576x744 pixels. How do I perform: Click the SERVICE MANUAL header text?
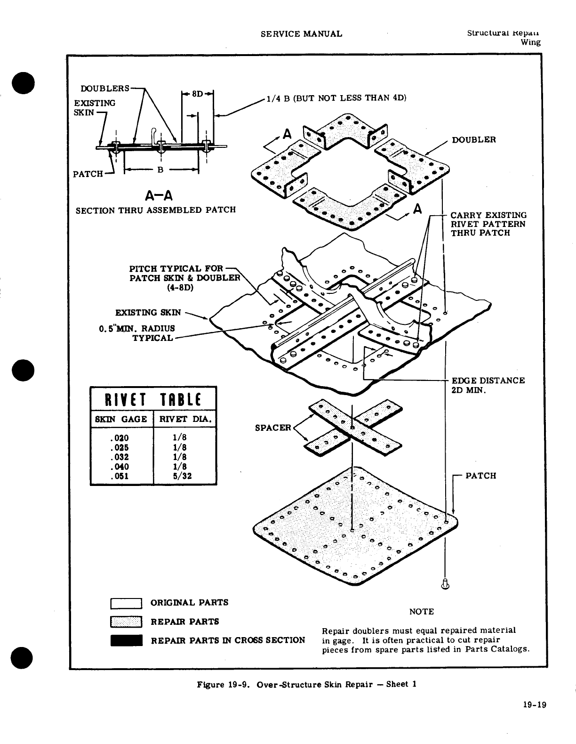[x=301, y=33]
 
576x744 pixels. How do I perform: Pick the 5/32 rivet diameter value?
[x=183, y=476]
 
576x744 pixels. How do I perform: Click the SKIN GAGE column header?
[x=121, y=419]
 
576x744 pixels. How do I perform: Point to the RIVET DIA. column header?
[x=185, y=419]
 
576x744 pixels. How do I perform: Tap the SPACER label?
[x=273, y=428]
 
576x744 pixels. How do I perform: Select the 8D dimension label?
[x=197, y=94]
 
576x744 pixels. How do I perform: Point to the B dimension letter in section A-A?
[x=160, y=170]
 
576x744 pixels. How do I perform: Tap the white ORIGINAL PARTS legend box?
[x=126, y=603]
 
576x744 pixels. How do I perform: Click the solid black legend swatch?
[x=126, y=641]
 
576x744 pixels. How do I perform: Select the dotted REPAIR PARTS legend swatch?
[x=126, y=622]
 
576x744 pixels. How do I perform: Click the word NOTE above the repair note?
[x=421, y=612]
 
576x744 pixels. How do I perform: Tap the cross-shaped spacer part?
[x=352, y=427]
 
